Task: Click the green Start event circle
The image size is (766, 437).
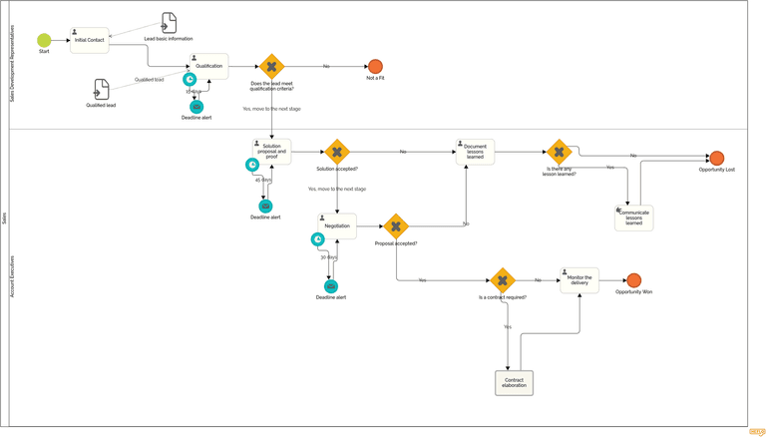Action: tap(44, 40)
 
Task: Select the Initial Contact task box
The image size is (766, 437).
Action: tap(89, 40)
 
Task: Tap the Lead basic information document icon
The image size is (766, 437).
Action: tap(169, 23)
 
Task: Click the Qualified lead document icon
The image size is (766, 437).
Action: tap(101, 90)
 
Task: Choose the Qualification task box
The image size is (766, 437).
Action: tap(208, 66)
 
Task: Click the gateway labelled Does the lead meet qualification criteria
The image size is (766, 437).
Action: tap(271, 67)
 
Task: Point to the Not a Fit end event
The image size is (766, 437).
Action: tap(375, 67)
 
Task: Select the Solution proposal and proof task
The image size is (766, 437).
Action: tap(271, 152)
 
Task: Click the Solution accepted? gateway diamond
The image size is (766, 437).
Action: tap(337, 152)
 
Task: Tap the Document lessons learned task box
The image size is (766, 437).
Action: tap(475, 152)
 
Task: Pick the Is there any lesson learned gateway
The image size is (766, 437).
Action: tap(559, 152)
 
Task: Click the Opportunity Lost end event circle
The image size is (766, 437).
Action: tap(716, 158)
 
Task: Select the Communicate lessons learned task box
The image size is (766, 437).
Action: tap(633, 218)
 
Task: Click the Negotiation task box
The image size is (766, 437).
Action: tap(337, 226)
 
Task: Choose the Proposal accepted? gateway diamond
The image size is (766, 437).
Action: tap(396, 226)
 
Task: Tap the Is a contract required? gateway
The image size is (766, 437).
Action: tap(503, 280)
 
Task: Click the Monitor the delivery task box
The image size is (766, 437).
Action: tap(579, 280)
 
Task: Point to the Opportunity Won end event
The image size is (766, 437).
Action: tap(633, 280)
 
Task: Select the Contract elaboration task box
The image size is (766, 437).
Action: tap(514, 382)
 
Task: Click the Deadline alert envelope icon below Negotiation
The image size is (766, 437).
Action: tap(331, 286)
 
